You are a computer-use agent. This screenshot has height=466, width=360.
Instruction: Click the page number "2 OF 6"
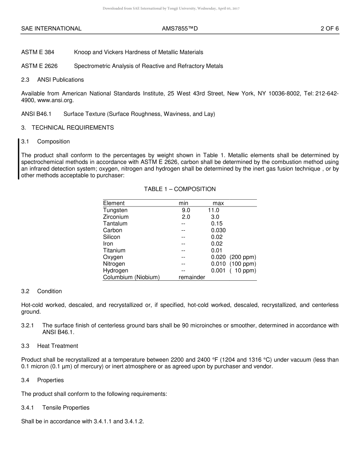329,28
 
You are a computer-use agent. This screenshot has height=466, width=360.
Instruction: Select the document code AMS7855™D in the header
180,28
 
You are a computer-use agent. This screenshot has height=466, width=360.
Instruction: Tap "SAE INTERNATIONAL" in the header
51,28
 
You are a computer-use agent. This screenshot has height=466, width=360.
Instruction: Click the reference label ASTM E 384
38,52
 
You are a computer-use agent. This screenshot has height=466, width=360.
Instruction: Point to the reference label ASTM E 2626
39,66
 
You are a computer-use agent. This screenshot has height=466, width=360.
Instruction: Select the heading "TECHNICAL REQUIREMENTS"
73,128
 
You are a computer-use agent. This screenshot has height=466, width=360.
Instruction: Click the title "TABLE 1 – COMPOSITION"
180,189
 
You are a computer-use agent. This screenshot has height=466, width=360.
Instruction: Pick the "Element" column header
114,203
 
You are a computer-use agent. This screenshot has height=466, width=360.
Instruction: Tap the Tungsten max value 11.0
213,210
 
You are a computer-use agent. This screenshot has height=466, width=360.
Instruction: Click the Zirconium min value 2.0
186,217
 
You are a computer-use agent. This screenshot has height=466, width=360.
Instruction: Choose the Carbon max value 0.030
218,230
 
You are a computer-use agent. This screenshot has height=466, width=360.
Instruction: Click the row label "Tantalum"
115,224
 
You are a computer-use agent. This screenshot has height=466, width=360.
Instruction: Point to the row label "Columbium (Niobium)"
131,277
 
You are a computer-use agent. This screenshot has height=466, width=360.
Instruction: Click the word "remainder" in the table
192,277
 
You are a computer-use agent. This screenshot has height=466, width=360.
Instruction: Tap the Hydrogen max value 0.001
218,271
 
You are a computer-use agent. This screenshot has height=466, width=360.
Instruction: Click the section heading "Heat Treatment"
58,346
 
